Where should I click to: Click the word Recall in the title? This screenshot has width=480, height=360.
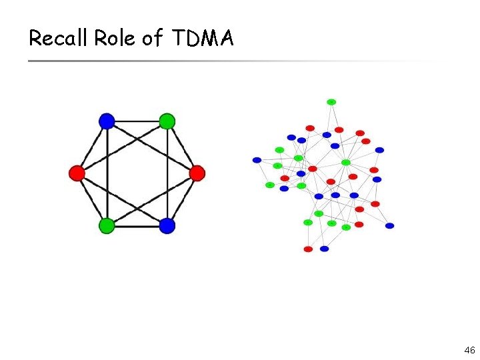(59, 39)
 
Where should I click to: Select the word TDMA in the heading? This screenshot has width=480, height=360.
(203, 39)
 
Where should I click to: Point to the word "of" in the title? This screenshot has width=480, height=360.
(151, 39)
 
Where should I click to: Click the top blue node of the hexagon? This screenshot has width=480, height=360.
(107, 121)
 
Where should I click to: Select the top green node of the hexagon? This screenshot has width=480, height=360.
(167, 121)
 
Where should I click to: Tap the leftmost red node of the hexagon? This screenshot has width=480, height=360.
(77, 173)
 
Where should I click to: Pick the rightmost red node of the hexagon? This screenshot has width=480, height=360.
(197, 173)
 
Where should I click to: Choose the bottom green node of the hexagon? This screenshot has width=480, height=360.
(107, 226)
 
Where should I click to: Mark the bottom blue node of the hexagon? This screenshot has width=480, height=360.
(167, 226)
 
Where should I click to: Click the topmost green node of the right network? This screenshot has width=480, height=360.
(331, 102)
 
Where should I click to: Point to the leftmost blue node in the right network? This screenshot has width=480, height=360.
(257, 160)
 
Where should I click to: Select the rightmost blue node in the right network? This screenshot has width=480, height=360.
(389, 226)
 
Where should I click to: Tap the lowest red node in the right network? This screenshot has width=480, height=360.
(308, 249)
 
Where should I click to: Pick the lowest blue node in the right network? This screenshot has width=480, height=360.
(324, 249)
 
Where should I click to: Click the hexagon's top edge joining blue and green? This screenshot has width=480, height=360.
(137, 121)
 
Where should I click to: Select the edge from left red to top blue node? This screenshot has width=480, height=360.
(92, 147)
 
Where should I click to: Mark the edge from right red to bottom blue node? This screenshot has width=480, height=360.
(182, 199)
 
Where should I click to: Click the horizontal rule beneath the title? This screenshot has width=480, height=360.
(227, 61)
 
